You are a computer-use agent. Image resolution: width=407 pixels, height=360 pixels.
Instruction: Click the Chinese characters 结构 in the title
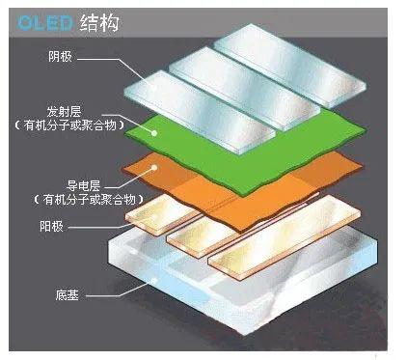(x=93, y=17)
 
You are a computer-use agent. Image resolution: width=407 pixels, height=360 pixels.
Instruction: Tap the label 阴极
(x=59, y=57)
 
